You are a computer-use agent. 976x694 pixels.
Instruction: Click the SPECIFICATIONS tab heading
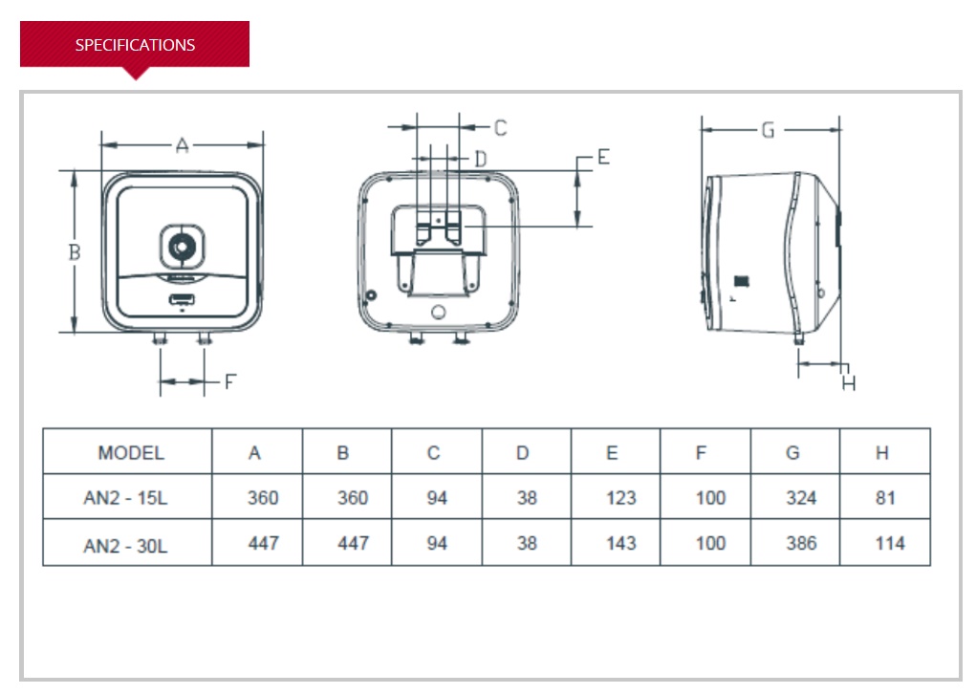tap(135, 45)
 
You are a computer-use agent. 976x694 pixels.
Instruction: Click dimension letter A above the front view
tap(183, 145)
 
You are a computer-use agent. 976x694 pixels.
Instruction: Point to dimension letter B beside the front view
tap(74, 252)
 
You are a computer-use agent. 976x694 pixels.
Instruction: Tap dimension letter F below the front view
tap(229, 381)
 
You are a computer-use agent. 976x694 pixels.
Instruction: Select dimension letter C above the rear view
tap(500, 127)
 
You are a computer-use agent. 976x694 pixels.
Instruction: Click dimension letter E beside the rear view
tap(602, 157)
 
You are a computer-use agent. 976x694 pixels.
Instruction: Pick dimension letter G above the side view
tap(768, 130)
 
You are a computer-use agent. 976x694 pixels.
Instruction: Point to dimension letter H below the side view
tap(849, 383)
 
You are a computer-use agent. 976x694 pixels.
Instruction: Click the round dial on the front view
tap(181, 247)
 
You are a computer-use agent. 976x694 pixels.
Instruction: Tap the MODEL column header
tap(131, 453)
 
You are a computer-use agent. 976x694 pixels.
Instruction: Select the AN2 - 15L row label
tap(126, 498)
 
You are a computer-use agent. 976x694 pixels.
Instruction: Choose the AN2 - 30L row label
tap(126, 544)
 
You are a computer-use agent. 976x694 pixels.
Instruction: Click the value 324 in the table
tap(801, 498)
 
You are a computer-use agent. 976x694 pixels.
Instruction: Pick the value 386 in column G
tap(801, 543)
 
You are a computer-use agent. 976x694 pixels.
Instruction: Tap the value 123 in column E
tap(620, 498)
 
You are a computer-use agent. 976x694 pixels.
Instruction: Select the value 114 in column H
tap(889, 543)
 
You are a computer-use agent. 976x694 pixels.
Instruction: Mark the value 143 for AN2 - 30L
tap(620, 543)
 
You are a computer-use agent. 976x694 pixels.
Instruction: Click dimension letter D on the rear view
tap(481, 158)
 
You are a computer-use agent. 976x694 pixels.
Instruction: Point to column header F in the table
tap(701, 453)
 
